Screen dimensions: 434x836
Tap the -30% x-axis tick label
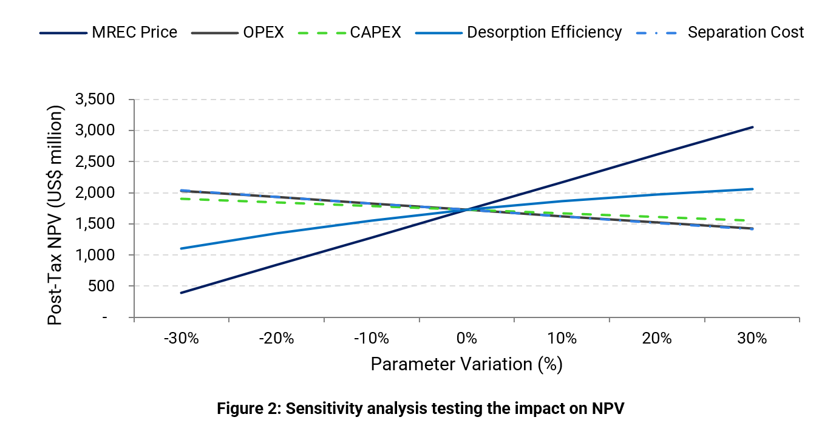point(181,339)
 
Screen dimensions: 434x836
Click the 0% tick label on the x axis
point(466,339)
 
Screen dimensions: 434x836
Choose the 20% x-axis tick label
point(657,339)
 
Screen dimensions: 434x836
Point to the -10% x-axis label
point(372,339)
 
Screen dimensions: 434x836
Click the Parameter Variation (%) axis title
point(466,364)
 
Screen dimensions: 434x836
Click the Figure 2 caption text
point(421,409)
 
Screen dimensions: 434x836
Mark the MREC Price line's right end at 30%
point(753,127)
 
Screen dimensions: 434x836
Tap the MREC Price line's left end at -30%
point(181,293)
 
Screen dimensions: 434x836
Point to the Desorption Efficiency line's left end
point(181,248)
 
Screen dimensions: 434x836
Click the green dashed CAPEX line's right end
point(753,220)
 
